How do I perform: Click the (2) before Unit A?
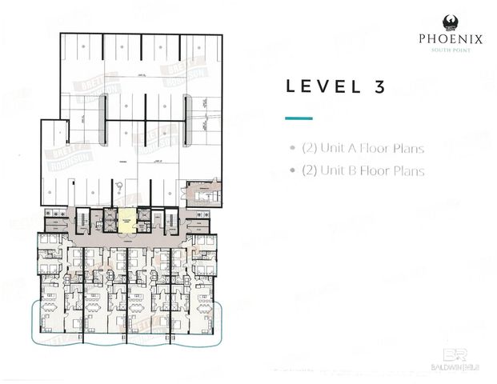click(310, 148)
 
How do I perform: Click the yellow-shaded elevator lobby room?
click(128, 219)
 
